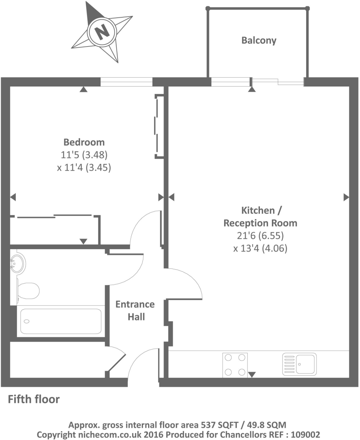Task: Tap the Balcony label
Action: tap(259, 40)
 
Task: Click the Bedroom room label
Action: tap(84, 142)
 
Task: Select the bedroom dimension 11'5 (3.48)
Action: tap(84, 155)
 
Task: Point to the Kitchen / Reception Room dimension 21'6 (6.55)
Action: tap(260, 236)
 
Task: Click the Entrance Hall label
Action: tap(135, 310)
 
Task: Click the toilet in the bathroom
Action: tap(28, 291)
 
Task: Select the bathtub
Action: tap(60, 321)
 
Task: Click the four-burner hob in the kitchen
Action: tap(234, 365)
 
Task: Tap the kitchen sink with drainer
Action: tap(299, 364)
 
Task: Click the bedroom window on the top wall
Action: tap(126, 82)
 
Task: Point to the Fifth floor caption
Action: tap(34, 399)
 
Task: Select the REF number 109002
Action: tap(306, 434)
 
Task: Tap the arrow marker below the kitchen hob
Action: tap(252, 374)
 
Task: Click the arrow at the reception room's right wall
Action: tap(346, 197)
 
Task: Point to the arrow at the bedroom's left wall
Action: tap(13, 197)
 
